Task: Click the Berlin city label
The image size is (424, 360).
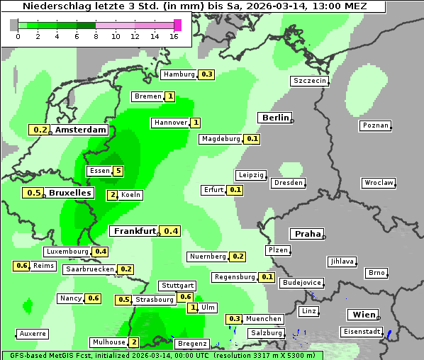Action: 275,118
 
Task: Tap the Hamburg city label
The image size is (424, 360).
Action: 178,74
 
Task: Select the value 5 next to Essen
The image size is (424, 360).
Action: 118,171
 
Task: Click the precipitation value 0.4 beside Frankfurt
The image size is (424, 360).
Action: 170,231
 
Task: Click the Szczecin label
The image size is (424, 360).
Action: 310,81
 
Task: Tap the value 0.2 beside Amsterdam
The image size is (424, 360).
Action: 40,130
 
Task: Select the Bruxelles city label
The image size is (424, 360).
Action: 69,193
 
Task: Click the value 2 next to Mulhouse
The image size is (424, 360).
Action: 134,342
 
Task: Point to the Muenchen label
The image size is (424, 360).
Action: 264,319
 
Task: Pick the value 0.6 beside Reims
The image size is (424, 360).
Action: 21,266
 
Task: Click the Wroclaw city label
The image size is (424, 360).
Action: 378,183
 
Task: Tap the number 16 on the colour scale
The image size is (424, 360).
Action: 174,36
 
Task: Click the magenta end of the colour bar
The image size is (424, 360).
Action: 177,25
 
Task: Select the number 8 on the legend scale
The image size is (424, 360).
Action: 96,36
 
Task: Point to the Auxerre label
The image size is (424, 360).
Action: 33,333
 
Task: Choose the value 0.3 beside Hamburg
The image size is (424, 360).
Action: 207,74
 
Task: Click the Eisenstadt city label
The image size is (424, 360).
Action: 361,332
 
